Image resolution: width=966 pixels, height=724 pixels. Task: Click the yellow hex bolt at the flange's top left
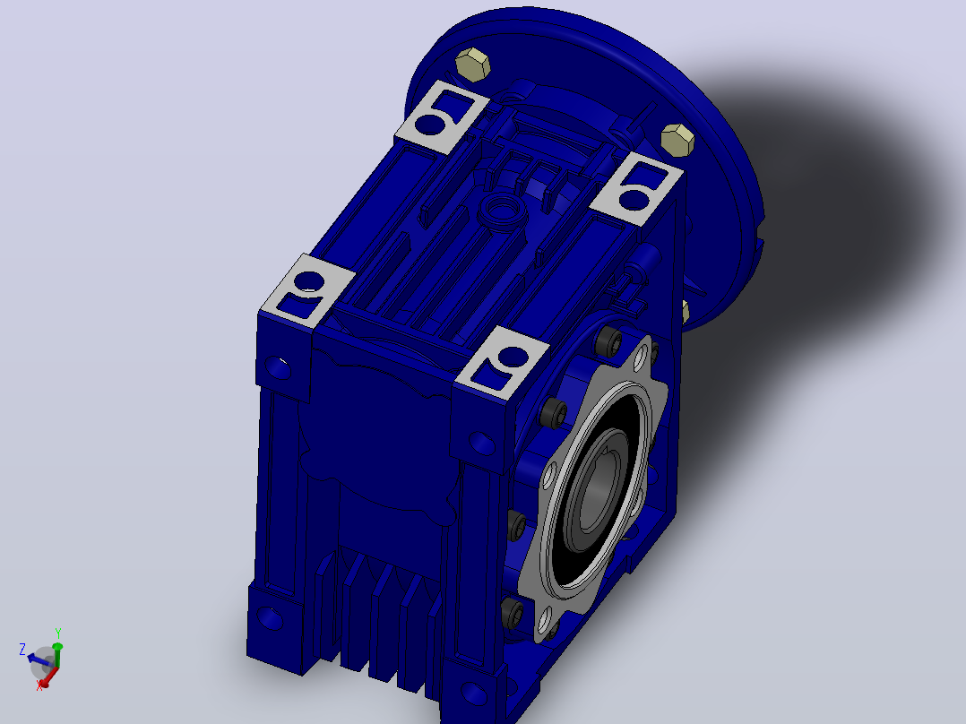pos(473,65)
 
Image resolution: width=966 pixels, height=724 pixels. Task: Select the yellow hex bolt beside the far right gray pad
pos(677,141)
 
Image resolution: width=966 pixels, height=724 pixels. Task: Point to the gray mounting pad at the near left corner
pos(307,290)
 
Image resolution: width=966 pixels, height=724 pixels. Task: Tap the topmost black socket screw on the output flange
pos(608,340)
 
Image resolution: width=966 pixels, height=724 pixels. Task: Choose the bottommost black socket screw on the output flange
pos(513,613)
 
